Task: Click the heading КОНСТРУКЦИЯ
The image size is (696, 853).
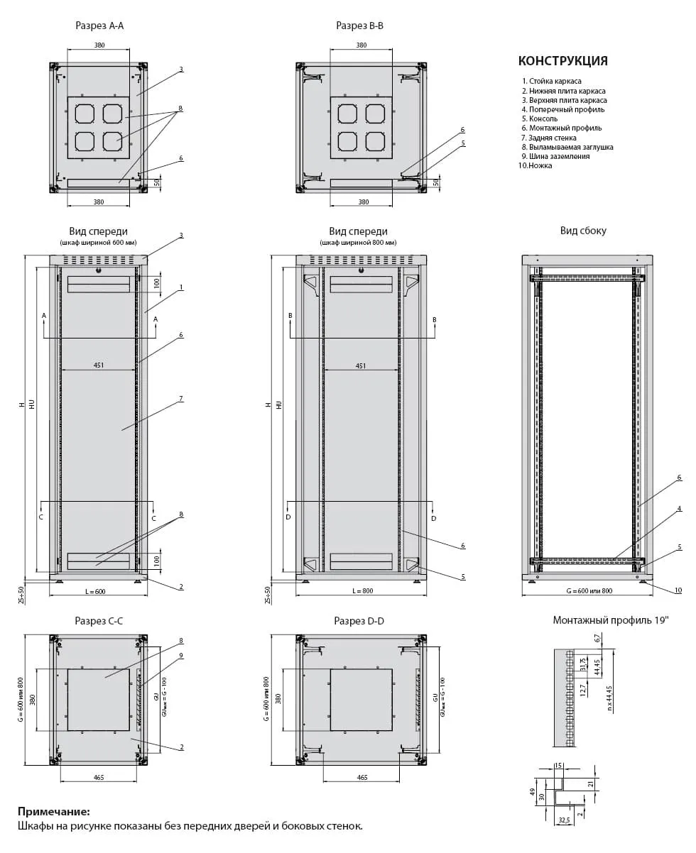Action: click(x=562, y=61)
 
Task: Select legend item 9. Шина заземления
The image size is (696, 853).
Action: click(x=559, y=156)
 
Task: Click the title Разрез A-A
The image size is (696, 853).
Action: click(x=99, y=26)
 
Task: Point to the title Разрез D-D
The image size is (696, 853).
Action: click(x=359, y=621)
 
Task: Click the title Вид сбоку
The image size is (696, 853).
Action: click(x=583, y=231)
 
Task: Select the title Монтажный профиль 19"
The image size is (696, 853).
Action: click(x=611, y=620)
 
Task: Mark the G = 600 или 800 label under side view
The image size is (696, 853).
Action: click(x=587, y=591)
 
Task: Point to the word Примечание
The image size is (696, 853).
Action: click(x=54, y=811)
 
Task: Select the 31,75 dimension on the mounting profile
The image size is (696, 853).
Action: click(x=582, y=665)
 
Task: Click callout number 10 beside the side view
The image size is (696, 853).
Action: click(x=678, y=590)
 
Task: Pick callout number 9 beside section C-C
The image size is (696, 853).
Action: click(x=181, y=656)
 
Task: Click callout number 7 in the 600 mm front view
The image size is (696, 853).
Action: click(x=181, y=399)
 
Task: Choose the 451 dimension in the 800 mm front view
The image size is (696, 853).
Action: click(x=361, y=365)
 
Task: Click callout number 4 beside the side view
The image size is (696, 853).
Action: click(x=679, y=509)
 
